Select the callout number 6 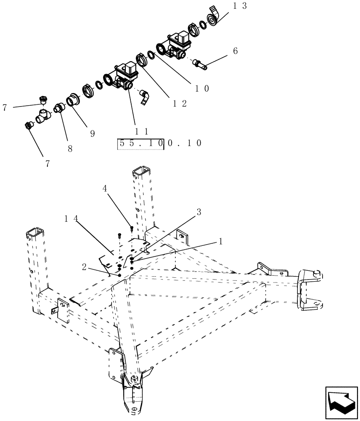point(235,51)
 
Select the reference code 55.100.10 point(159,143)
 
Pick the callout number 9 point(92,133)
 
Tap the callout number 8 point(70,148)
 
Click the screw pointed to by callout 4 point(132,229)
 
